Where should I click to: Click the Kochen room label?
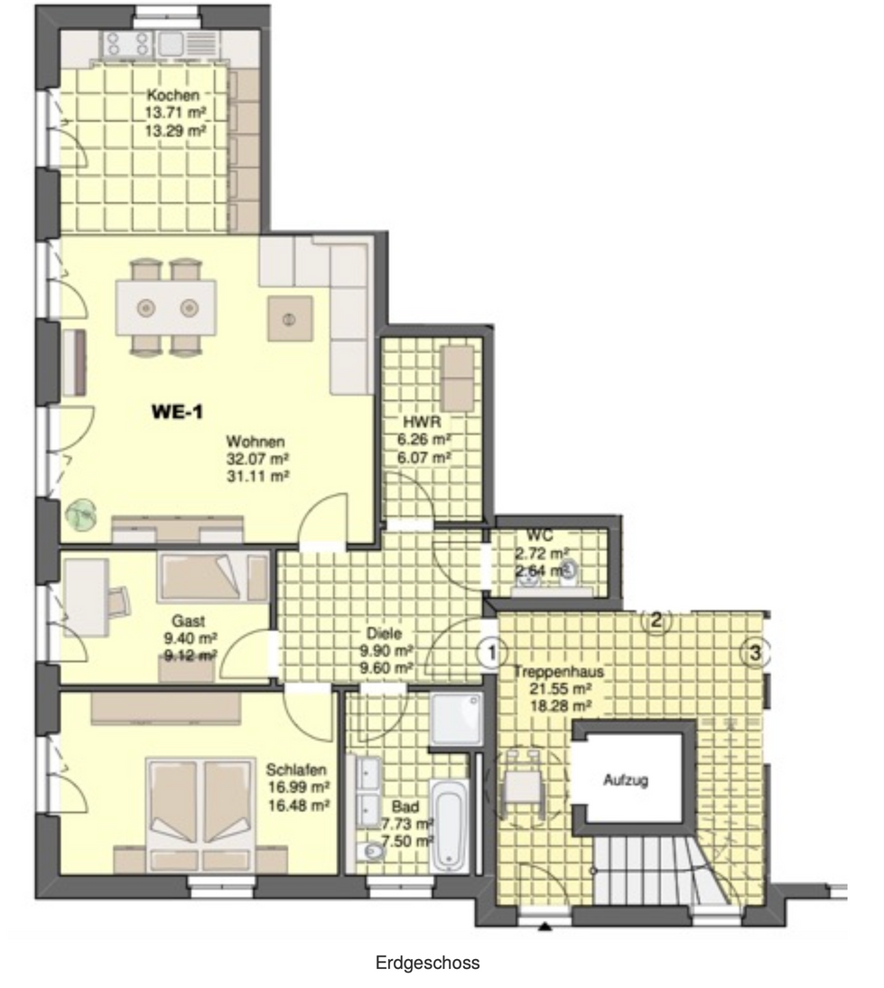[172, 95]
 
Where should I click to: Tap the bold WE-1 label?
[177, 412]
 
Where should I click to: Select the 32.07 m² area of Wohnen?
[257, 459]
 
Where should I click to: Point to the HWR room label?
[422, 422]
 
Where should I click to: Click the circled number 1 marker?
[491, 652]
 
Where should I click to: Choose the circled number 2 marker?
[656, 620]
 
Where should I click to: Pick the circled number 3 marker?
[755, 653]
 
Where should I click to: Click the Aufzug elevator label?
[626, 780]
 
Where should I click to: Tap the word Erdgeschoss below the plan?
[427, 963]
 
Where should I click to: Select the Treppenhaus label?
[558, 672]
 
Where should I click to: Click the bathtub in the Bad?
[450, 825]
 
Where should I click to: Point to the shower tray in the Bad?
[456, 720]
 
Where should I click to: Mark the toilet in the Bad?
[369, 853]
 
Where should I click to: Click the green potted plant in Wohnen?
[81, 515]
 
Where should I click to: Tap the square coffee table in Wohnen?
[290, 319]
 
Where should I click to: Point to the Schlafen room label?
[295, 770]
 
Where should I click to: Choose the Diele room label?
[384, 633]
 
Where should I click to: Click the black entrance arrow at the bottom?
[545, 926]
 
